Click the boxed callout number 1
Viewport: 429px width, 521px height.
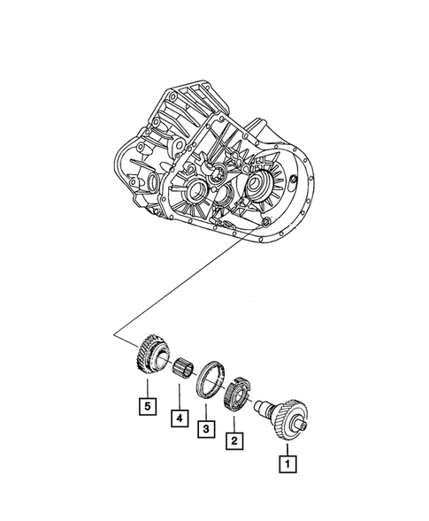[x=287, y=461]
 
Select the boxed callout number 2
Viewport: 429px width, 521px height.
[x=234, y=440]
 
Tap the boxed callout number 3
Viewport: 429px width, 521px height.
[x=204, y=428]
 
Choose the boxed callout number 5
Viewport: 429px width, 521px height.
[x=143, y=406]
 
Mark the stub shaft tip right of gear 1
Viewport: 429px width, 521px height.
[x=305, y=429]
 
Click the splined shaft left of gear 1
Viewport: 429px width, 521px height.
[x=263, y=407]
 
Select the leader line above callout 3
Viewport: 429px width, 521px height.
[x=204, y=410]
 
